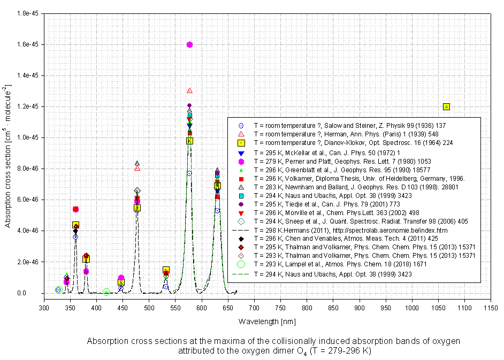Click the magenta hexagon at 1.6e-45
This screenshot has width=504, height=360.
click(189, 44)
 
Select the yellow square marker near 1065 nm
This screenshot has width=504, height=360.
click(446, 106)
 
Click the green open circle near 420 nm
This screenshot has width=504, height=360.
click(106, 292)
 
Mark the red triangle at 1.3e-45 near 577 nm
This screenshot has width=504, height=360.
click(189, 90)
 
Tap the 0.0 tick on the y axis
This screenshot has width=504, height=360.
click(33, 293)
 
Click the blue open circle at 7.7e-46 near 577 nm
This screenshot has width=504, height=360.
click(189, 173)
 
